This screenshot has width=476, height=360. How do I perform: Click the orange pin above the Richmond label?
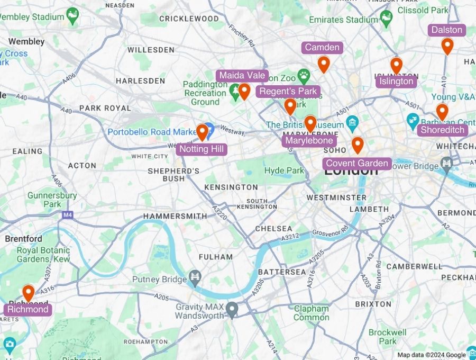[28, 292]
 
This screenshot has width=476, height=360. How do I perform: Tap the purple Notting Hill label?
[202, 149]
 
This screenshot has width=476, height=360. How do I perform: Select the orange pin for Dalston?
[447, 46]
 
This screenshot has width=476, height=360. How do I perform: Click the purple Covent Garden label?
[357, 163]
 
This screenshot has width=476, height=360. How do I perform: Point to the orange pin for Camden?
[323, 64]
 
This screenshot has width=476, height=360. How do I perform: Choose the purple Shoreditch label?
[442, 130]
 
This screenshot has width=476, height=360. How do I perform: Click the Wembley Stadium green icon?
[72, 15]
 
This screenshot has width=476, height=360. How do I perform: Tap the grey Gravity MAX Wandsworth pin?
[231, 308]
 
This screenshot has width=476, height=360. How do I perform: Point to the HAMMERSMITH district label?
[175, 216]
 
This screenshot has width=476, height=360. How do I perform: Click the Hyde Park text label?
[284, 170]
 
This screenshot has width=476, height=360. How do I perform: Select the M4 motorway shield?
[67, 215]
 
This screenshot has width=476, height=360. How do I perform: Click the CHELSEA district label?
[273, 229]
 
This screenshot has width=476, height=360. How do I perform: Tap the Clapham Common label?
[311, 313]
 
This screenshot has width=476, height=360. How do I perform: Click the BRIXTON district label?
[373, 304]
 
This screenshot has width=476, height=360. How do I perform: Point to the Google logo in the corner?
[455, 355]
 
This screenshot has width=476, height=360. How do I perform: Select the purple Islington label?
[396, 82]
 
